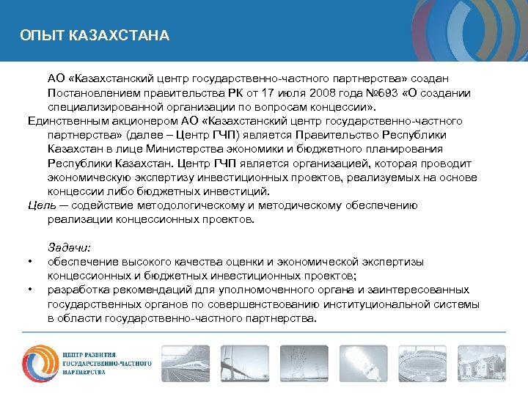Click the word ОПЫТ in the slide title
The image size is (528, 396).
[x=36, y=35]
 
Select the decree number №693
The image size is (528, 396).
[x=381, y=92]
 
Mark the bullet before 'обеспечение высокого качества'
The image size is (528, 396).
[x=29, y=262]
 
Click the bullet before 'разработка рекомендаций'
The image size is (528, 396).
[x=29, y=290]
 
